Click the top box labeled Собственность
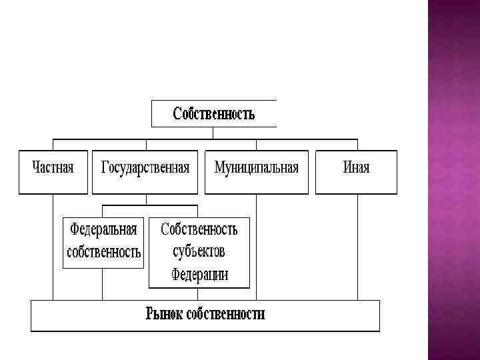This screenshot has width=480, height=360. click(x=213, y=113)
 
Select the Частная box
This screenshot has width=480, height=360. click(x=53, y=167)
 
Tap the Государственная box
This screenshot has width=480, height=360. click(x=145, y=167)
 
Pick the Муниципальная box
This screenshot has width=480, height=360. click(x=256, y=167)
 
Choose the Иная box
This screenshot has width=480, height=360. click(x=356, y=167)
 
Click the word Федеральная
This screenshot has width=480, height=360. click(x=103, y=230)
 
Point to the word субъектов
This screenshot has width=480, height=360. click(x=199, y=252)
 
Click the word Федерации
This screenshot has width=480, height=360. click(x=199, y=274)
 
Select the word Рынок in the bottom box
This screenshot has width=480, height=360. click(x=165, y=314)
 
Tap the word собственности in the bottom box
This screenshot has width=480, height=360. click(x=226, y=314)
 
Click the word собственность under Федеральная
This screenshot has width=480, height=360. click(x=103, y=253)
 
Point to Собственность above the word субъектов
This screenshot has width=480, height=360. click(x=199, y=230)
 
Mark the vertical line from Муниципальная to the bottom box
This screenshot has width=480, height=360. click(x=257, y=247)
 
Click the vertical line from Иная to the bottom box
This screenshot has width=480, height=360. click(x=357, y=247)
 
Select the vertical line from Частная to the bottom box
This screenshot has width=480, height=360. click(x=53, y=247)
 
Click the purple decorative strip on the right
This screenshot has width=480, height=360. click(x=453, y=180)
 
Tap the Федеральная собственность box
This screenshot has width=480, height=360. click(x=103, y=242)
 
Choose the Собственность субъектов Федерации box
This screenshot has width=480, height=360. click(x=199, y=253)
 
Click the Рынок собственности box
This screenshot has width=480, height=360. click(x=205, y=315)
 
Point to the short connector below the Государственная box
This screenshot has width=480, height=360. click(x=145, y=199)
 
